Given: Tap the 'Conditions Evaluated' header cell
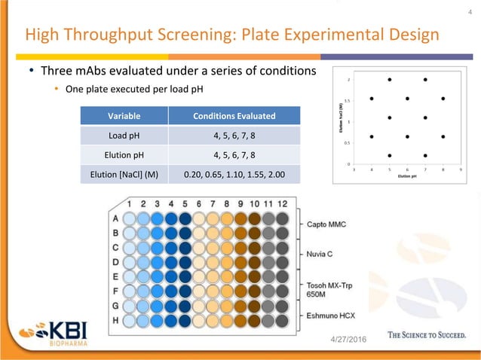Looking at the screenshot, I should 234,116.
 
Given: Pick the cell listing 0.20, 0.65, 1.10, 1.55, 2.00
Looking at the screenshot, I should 234,175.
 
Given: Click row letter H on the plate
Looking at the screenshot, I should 115,320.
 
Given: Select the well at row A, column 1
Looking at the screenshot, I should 130,218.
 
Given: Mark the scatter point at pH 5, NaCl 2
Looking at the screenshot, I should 389,79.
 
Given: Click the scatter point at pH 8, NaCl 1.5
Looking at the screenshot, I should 443,98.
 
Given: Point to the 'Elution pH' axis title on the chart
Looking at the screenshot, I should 407,178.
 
